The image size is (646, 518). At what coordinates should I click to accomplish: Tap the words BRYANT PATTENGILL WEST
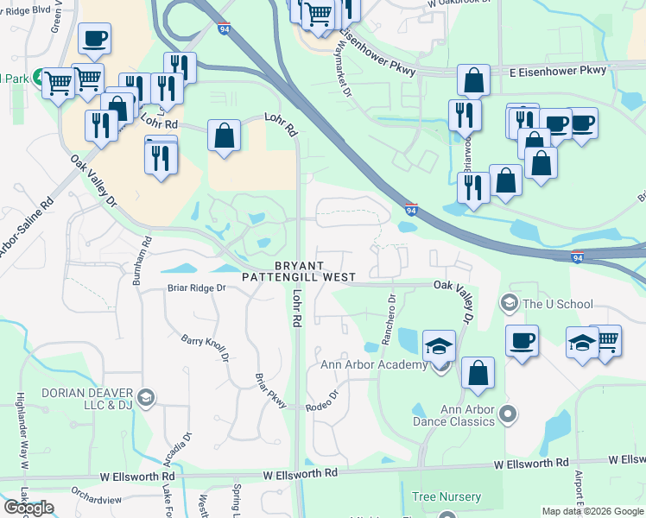pos(299,271)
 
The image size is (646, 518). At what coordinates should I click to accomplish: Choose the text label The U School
pos(559,304)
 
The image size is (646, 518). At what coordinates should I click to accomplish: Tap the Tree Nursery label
pos(446,496)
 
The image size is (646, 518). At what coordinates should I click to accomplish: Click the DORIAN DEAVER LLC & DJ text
pos(84,398)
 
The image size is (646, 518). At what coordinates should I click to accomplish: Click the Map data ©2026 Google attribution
pos(592,511)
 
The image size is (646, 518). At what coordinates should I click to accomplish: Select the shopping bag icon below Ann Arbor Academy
pos(478,373)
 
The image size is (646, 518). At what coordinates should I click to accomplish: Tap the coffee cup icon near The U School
pos(522,341)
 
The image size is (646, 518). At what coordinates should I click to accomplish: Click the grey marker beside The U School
pos(510,303)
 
